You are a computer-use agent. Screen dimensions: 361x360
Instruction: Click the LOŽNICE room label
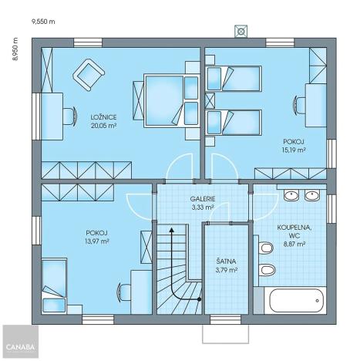(82, 116)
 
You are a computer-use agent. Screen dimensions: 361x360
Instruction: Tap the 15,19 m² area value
(294, 150)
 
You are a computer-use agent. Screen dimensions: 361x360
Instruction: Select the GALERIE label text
(203, 199)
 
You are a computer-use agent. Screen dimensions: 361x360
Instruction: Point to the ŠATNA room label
(227, 262)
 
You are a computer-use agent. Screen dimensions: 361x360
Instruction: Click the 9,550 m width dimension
(44, 22)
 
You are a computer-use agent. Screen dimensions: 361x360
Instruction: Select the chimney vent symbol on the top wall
(242, 32)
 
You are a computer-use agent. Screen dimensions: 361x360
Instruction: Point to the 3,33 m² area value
(203, 207)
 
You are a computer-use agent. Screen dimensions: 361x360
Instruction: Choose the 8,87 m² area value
(294, 244)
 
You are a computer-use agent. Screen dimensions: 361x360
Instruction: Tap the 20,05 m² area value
(82, 125)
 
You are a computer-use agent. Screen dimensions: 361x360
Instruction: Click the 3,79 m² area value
(227, 271)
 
